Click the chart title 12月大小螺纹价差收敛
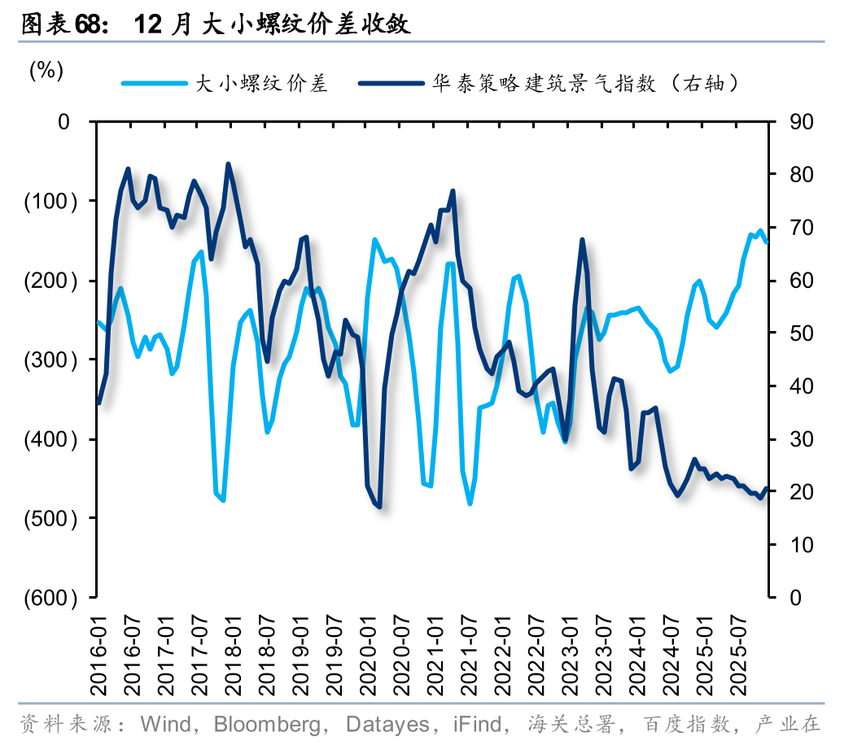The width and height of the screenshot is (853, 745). click(272, 24)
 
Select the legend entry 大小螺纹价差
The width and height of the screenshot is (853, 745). click(260, 83)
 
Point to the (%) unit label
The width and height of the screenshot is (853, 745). click(46, 71)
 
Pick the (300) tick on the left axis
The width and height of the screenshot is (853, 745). click(51, 359)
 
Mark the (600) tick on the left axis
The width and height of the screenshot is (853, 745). click(51, 598)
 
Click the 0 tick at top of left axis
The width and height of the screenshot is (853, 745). click(65, 122)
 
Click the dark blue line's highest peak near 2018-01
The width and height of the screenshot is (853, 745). click(228, 164)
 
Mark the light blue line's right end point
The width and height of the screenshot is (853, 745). click(766, 242)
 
